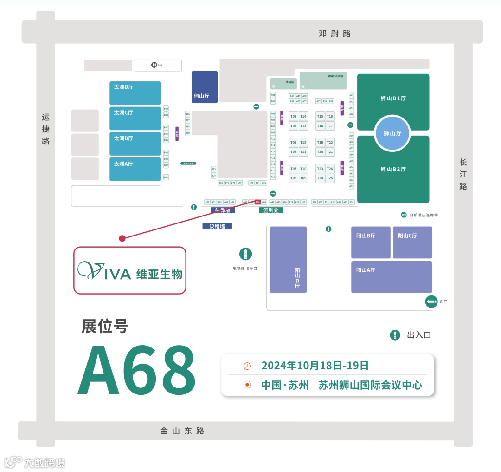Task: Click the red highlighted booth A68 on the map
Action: pyautogui.click(x=257, y=202)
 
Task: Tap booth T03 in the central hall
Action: pyautogui.click(x=294, y=116)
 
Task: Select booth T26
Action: pyautogui.click(x=330, y=169)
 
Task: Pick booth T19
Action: pyautogui.click(x=320, y=142)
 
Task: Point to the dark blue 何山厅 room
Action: pyautogui.click(x=205, y=87)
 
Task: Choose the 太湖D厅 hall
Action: pyautogui.click(x=135, y=93)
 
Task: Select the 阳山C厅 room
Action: pyautogui.click(x=412, y=243)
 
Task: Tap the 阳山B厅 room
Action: pyautogui.click(x=371, y=243)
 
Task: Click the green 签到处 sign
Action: pyautogui.click(x=271, y=210)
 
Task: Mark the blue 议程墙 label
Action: pyautogui.click(x=217, y=226)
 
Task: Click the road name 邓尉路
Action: pyautogui.click(x=334, y=33)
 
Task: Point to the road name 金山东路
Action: pyautogui.click(x=182, y=431)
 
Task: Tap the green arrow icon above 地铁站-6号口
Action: pyautogui.click(x=245, y=254)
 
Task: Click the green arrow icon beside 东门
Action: pyautogui.click(x=431, y=302)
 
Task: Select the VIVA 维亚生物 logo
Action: pyautogui.click(x=130, y=270)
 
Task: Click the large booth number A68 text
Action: pyautogui.click(x=137, y=370)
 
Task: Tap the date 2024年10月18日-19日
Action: pyautogui.click(x=315, y=366)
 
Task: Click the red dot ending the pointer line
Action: pyautogui.click(x=122, y=238)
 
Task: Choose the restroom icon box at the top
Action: pyautogui.click(x=158, y=65)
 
